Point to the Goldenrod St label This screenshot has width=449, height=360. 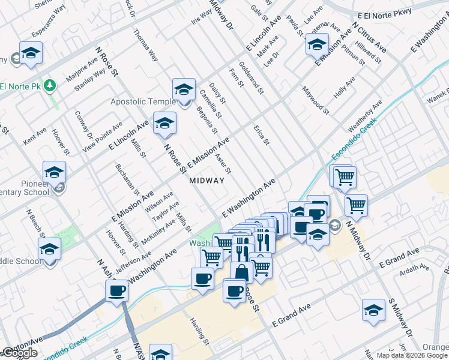(251, 78)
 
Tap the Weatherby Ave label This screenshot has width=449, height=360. (365, 117)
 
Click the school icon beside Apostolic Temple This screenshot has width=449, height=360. (184, 91)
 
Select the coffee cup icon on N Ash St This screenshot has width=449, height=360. (116, 291)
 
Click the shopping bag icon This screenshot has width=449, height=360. (241, 272)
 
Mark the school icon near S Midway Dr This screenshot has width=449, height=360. (373, 311)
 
